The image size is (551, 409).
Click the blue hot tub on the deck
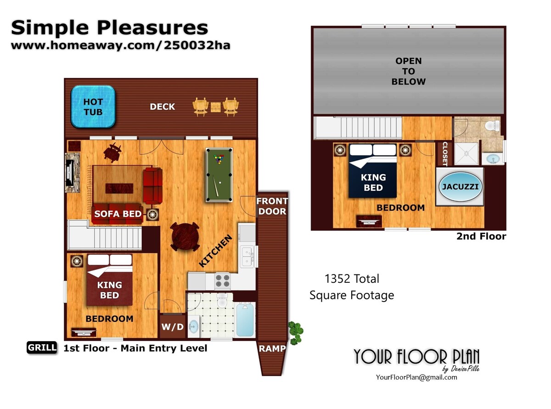93,107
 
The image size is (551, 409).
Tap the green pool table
219,175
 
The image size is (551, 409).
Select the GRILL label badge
42,347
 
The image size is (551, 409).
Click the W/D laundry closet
172,326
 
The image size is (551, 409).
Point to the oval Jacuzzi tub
460,187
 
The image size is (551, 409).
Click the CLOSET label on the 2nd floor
445,154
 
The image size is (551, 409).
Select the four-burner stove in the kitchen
223,280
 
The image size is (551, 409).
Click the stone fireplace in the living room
72,173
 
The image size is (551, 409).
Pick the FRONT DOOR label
272,206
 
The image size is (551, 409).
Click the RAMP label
272,348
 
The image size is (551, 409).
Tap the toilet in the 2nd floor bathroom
492,125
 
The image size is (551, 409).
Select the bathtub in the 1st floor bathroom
245,320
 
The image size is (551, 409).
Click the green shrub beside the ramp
295,333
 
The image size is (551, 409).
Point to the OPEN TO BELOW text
408,71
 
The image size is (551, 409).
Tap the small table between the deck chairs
215,107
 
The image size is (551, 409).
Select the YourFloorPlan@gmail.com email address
416,377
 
